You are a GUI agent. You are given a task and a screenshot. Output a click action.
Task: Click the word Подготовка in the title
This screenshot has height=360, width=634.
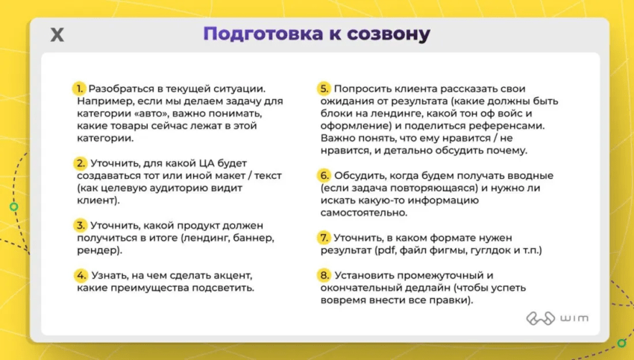pos(251,34)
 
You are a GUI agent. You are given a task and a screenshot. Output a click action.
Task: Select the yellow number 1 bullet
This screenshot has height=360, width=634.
pos(78,87)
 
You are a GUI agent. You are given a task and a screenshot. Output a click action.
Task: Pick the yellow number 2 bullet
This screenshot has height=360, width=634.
pos(79,163)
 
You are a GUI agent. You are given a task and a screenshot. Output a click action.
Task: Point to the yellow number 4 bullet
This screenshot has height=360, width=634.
pos(79,275)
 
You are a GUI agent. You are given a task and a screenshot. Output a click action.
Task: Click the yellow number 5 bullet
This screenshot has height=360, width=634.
pos(324,87)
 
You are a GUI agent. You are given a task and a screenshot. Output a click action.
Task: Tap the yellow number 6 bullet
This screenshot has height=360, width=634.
pos(324,175)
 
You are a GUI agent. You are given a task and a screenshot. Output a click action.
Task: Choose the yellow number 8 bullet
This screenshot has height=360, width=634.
pos(324,275)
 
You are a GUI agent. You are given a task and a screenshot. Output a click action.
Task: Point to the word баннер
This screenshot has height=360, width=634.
pos(253,238)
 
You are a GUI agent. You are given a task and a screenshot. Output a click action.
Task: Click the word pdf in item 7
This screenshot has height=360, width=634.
pos(395,250)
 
